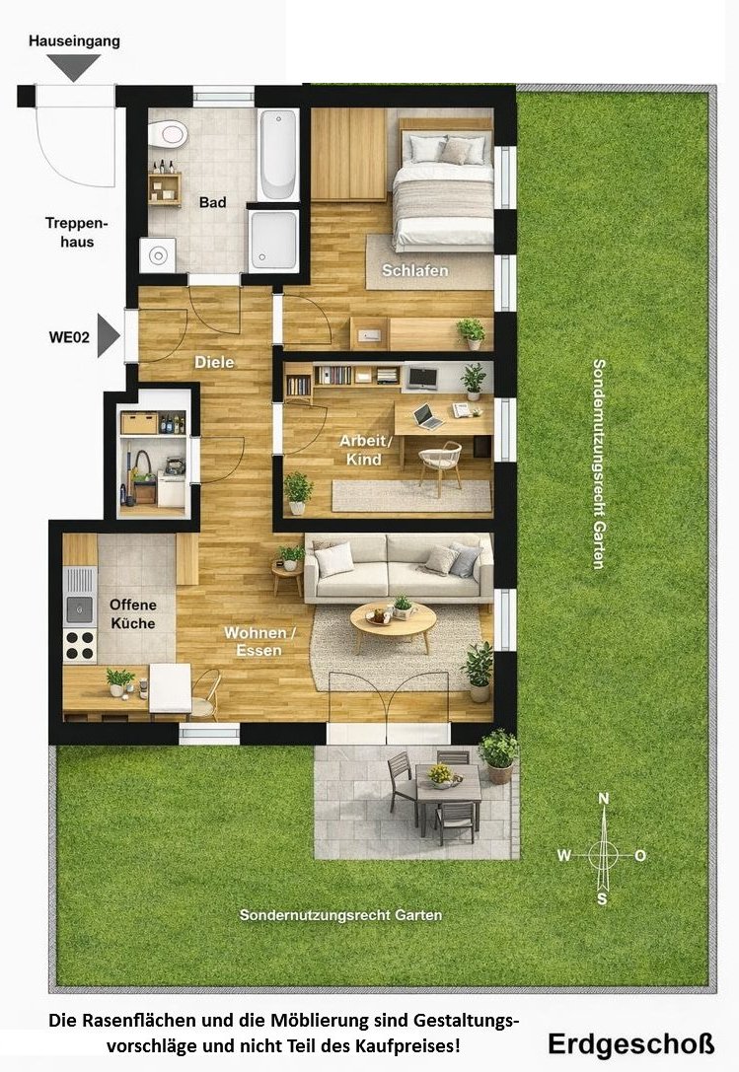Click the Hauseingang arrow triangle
click(74, 67)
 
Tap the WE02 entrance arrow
click(108, 335)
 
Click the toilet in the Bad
click(168, 134)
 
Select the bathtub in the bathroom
click(278, 155)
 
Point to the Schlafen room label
click(414, 271)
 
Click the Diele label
click(214, 362)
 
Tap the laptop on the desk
click(428, 416)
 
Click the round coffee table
click(394, 620)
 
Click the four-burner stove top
click(80, 645)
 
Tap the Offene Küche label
click(133, 614)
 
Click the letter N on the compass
click(604, 799)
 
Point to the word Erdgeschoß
click(630, 1044)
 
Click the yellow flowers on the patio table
click(441, 774)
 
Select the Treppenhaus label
click(77, 233)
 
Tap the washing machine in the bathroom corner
click(158, 255)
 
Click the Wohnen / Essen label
click(259, 641)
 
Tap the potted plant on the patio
click(498, 755)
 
